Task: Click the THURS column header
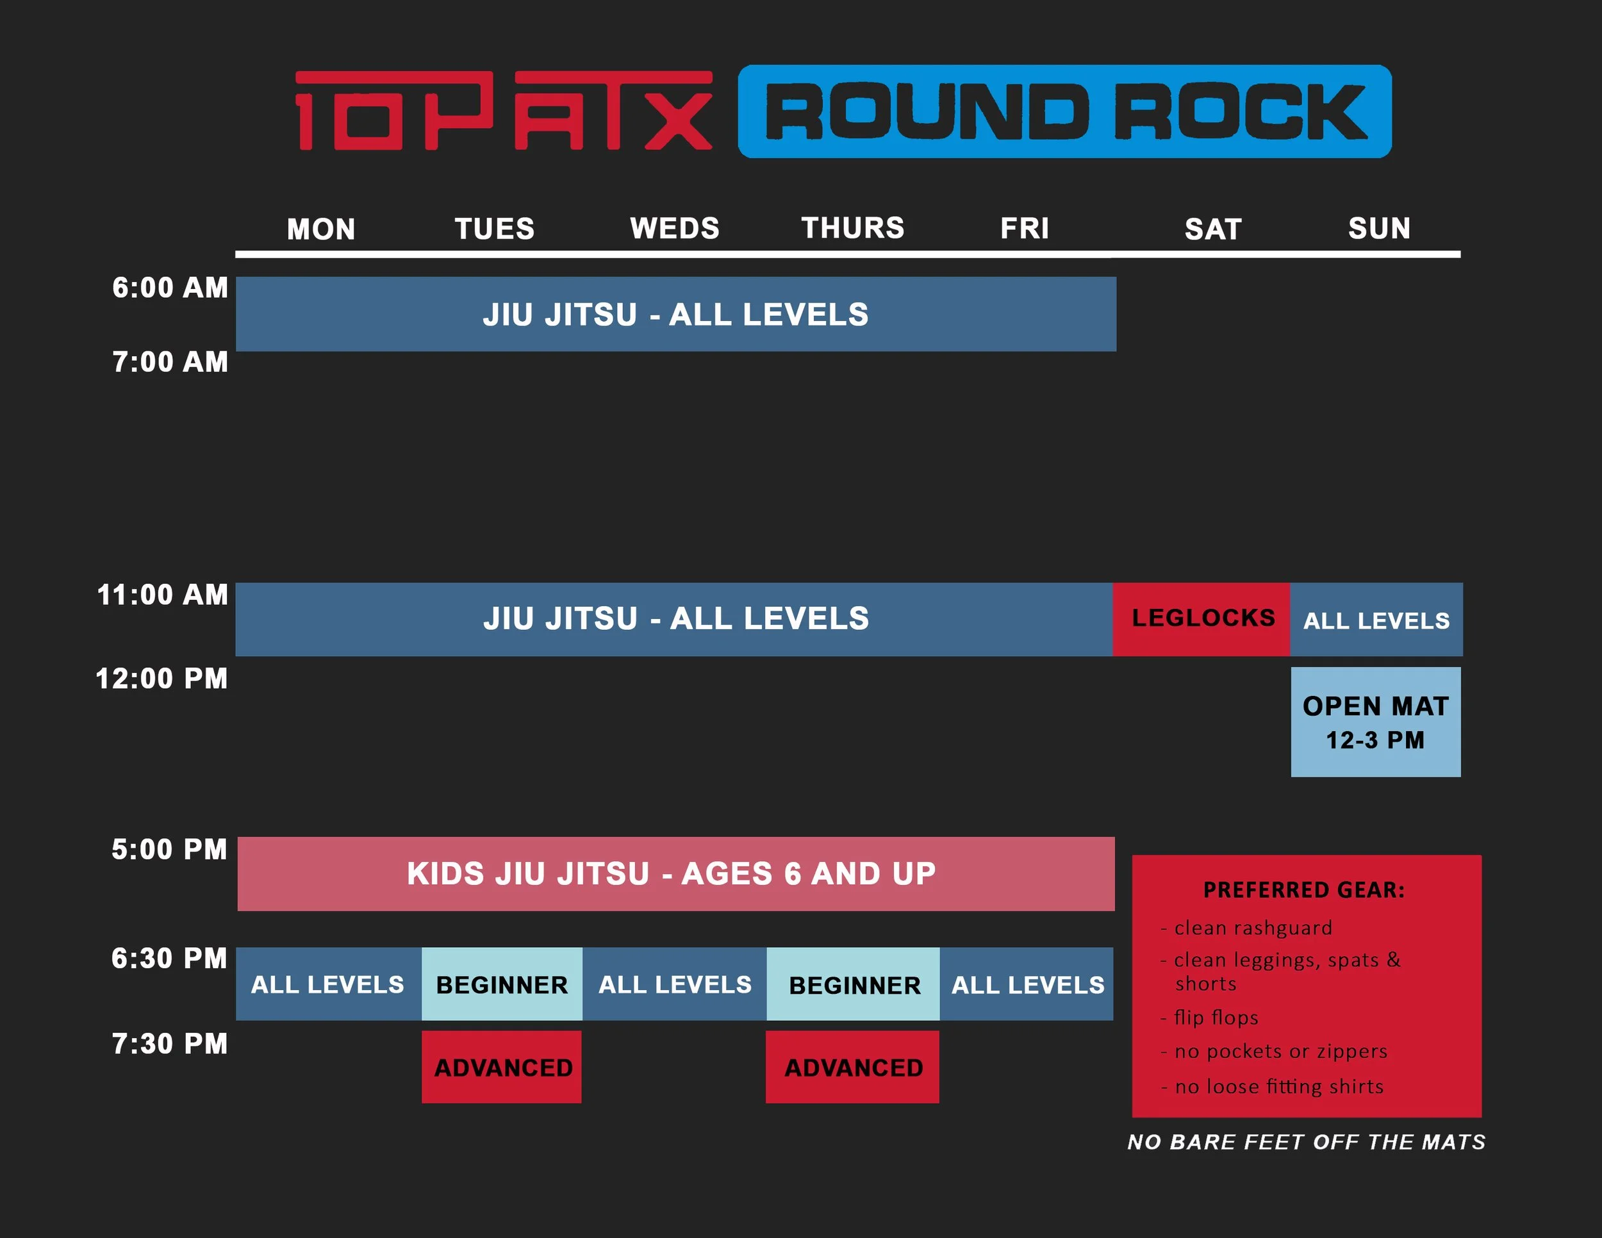[852, 228]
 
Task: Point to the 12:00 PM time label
[161, 679]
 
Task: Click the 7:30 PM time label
[169, 1044]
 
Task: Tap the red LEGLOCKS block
[1202, 618]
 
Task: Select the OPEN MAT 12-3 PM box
[1375, 722]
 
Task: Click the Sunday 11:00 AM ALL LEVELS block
[1376, 620]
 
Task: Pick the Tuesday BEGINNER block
[502, 984]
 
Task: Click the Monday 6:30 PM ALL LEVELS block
[327, 984]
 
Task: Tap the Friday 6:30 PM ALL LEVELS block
[1027, 984]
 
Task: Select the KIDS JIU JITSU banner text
[671, 873]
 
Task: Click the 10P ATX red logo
[503, 111]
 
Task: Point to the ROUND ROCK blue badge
[1064, 111]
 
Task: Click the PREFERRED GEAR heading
[1303, 889]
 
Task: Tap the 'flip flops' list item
[1216, 1017]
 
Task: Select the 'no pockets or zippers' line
[1280, 1051]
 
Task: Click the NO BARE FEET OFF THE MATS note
[1307, 1142]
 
